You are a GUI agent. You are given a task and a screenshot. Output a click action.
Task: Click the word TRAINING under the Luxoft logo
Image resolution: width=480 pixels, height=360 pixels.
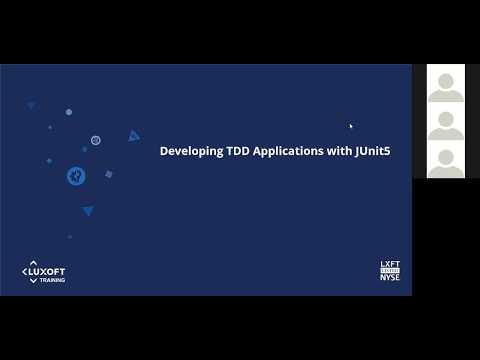[53, 280]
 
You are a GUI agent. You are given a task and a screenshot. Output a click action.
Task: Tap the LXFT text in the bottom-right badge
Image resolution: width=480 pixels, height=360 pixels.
[390, 265]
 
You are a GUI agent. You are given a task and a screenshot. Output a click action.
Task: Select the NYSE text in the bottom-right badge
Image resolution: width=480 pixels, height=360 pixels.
[390, 277]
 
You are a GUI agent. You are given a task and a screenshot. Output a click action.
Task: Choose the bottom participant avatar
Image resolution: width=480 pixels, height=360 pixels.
[446, 160]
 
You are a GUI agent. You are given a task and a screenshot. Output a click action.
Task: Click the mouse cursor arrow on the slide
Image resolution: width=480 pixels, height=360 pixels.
[350, 126]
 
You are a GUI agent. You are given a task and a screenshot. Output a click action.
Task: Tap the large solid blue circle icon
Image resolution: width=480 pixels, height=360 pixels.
[76, 176]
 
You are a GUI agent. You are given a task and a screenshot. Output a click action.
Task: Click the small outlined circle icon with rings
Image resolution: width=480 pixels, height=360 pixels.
[96, 140]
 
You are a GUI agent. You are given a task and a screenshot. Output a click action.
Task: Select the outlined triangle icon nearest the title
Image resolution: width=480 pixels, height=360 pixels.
[133, 136]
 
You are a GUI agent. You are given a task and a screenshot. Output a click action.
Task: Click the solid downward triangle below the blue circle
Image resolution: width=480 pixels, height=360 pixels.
[88, 210]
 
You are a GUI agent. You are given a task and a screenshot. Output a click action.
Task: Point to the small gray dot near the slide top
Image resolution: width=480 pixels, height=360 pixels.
[69, 112]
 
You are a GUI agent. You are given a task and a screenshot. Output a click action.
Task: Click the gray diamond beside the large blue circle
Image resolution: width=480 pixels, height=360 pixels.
[108, 174]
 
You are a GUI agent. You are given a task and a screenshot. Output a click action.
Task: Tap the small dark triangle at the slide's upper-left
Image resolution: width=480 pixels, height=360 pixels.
[31, 104]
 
